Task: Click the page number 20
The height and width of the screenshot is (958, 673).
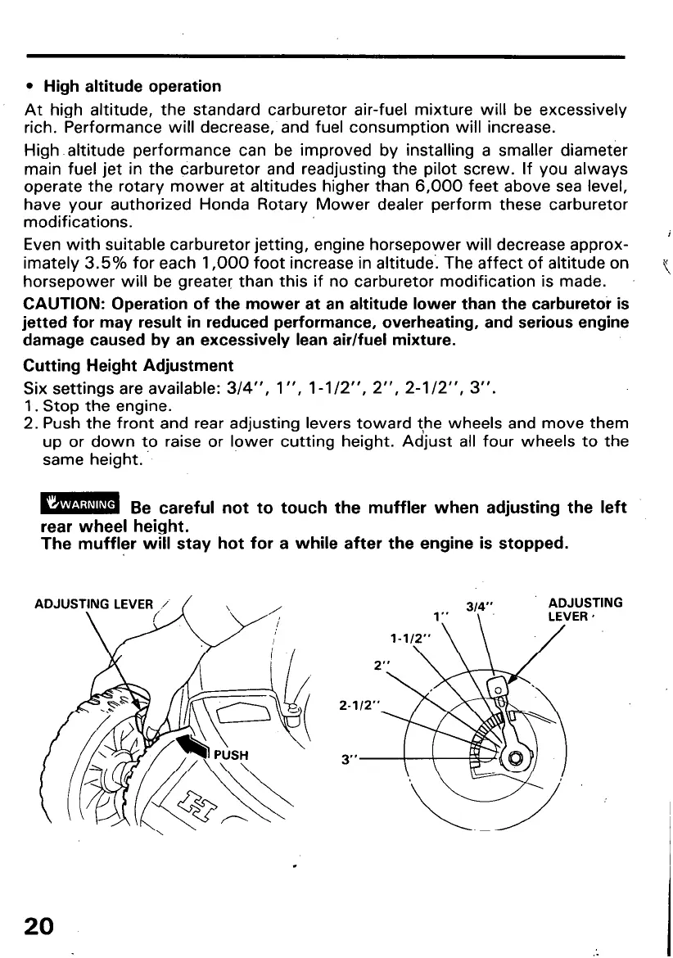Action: (x=38, y=926)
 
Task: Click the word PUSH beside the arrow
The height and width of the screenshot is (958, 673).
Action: (x=233, y=754)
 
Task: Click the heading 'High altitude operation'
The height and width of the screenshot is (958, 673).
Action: (x=132, y=86)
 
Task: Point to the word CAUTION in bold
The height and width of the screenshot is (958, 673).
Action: (x=58, y=302)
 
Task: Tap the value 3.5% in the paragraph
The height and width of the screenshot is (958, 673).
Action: (x=102, y=264)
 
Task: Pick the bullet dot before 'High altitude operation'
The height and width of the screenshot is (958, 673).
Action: (x=30, y=87)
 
